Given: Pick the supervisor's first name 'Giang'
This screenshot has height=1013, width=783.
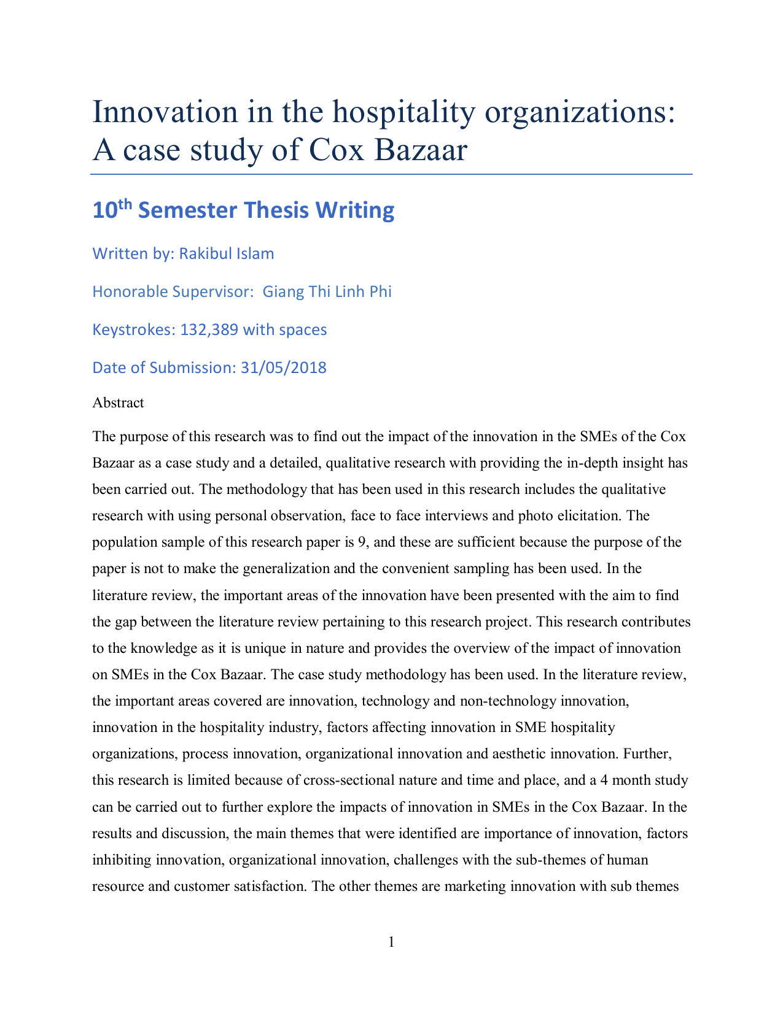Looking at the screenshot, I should pyautogui.click(x=283, y=291).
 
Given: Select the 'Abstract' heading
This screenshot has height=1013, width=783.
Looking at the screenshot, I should pyautogui.click(x=118, y=403).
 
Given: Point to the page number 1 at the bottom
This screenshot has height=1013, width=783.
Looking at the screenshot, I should pyautogui.click(x=391, y=942).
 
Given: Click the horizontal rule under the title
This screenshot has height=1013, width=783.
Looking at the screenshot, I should pyautogui.click(x=391, y=174).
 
